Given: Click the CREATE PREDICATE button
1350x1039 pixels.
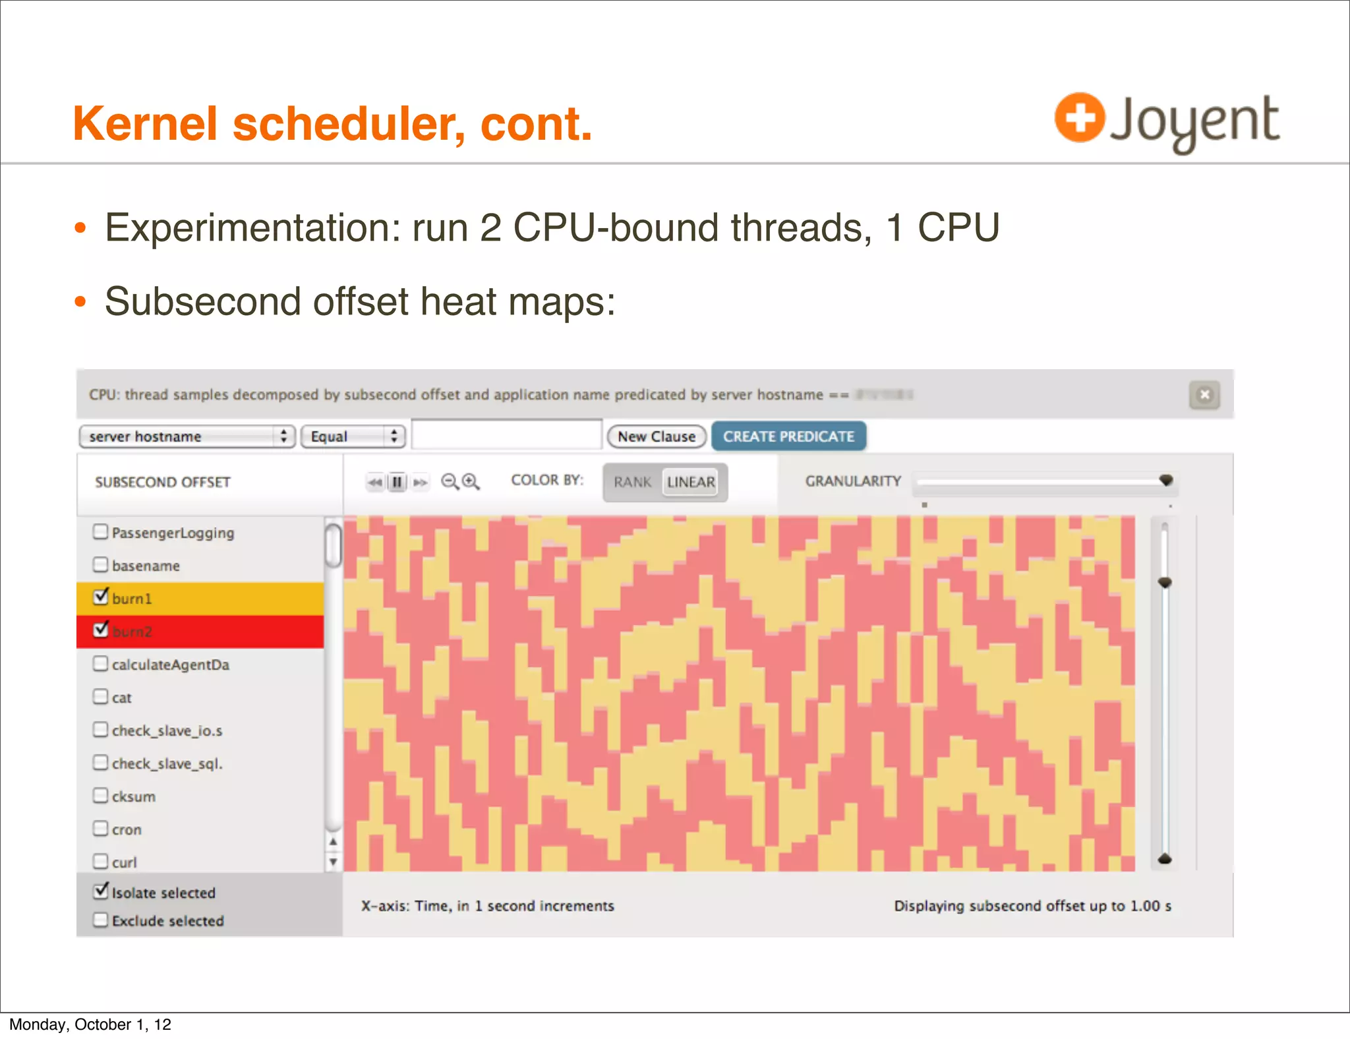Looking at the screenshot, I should [x=788, y=436].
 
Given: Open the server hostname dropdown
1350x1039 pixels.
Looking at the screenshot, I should [x=187, y=436].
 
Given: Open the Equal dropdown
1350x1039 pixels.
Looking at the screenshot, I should [x=353, y=436].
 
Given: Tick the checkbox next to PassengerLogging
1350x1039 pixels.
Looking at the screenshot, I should [x=100, y=531].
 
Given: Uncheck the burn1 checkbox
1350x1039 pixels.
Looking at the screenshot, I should [x=101, y=597].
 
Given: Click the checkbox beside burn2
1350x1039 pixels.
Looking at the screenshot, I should [x=101, y=630].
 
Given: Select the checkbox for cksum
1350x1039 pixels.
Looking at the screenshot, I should [x=100, y=795].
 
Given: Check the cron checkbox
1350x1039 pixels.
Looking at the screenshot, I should [x=100, y=828].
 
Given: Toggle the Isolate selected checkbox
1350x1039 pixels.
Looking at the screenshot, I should [x=101, y=891].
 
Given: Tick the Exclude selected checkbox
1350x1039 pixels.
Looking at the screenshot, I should [x=100, y=920].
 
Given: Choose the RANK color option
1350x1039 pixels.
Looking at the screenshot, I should [x=632, y=482].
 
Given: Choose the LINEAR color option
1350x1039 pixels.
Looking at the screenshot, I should [x=690, y=482].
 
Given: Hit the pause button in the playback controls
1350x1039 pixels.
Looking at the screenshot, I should [x=397, y=482].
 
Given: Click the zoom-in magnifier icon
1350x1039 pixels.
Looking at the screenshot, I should [x=471, y=482].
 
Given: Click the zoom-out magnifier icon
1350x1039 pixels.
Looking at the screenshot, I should [x=450, y=482].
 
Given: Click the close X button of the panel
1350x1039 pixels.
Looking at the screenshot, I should [x=1204, y=395].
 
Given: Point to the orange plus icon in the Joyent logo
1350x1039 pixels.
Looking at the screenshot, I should [x=1079, y=118].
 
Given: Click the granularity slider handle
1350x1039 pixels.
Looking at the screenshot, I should [x=1166, y=480].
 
